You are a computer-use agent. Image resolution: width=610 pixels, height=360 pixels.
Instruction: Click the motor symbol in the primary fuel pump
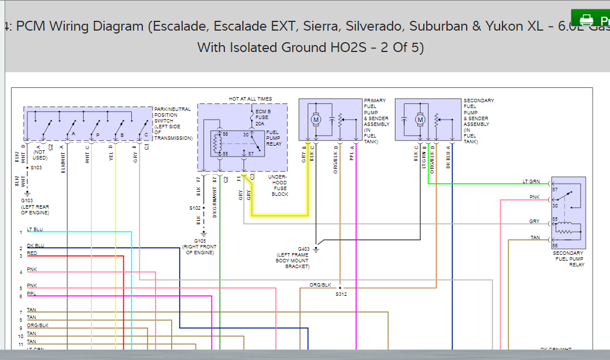(x=316, y=119)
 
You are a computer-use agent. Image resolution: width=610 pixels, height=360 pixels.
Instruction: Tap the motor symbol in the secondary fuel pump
(x=420, y=119)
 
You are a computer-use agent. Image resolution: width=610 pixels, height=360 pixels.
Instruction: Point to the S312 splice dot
(x=340, y=287)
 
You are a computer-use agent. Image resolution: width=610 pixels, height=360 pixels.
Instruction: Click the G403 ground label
(x=304, y=249)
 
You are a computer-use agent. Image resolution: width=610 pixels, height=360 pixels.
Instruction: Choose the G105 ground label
(x=199, y=240)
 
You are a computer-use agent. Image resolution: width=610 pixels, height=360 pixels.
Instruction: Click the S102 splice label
(x=195, y=208)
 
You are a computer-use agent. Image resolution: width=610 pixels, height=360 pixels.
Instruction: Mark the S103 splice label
(x=36, y=168)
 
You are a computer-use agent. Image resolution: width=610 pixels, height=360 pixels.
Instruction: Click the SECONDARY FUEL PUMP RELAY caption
(x=568, y=259)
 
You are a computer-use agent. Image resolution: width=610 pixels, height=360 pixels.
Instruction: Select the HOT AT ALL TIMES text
(x=250, y=99)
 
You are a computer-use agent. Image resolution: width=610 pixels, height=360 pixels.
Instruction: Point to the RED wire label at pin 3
(x=32, y=253)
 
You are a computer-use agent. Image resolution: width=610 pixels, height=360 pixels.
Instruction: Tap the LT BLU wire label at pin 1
(x=35, y=229)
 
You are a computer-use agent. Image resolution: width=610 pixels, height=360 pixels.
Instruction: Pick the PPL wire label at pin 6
(x=31, y=294)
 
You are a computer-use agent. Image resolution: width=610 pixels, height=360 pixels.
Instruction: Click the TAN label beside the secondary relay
(x=535, y=237)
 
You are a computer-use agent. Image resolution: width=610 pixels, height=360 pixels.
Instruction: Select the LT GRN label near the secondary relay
(x=531, y=181)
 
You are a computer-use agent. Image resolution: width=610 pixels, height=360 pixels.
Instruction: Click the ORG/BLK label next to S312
(x=320, y=285)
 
